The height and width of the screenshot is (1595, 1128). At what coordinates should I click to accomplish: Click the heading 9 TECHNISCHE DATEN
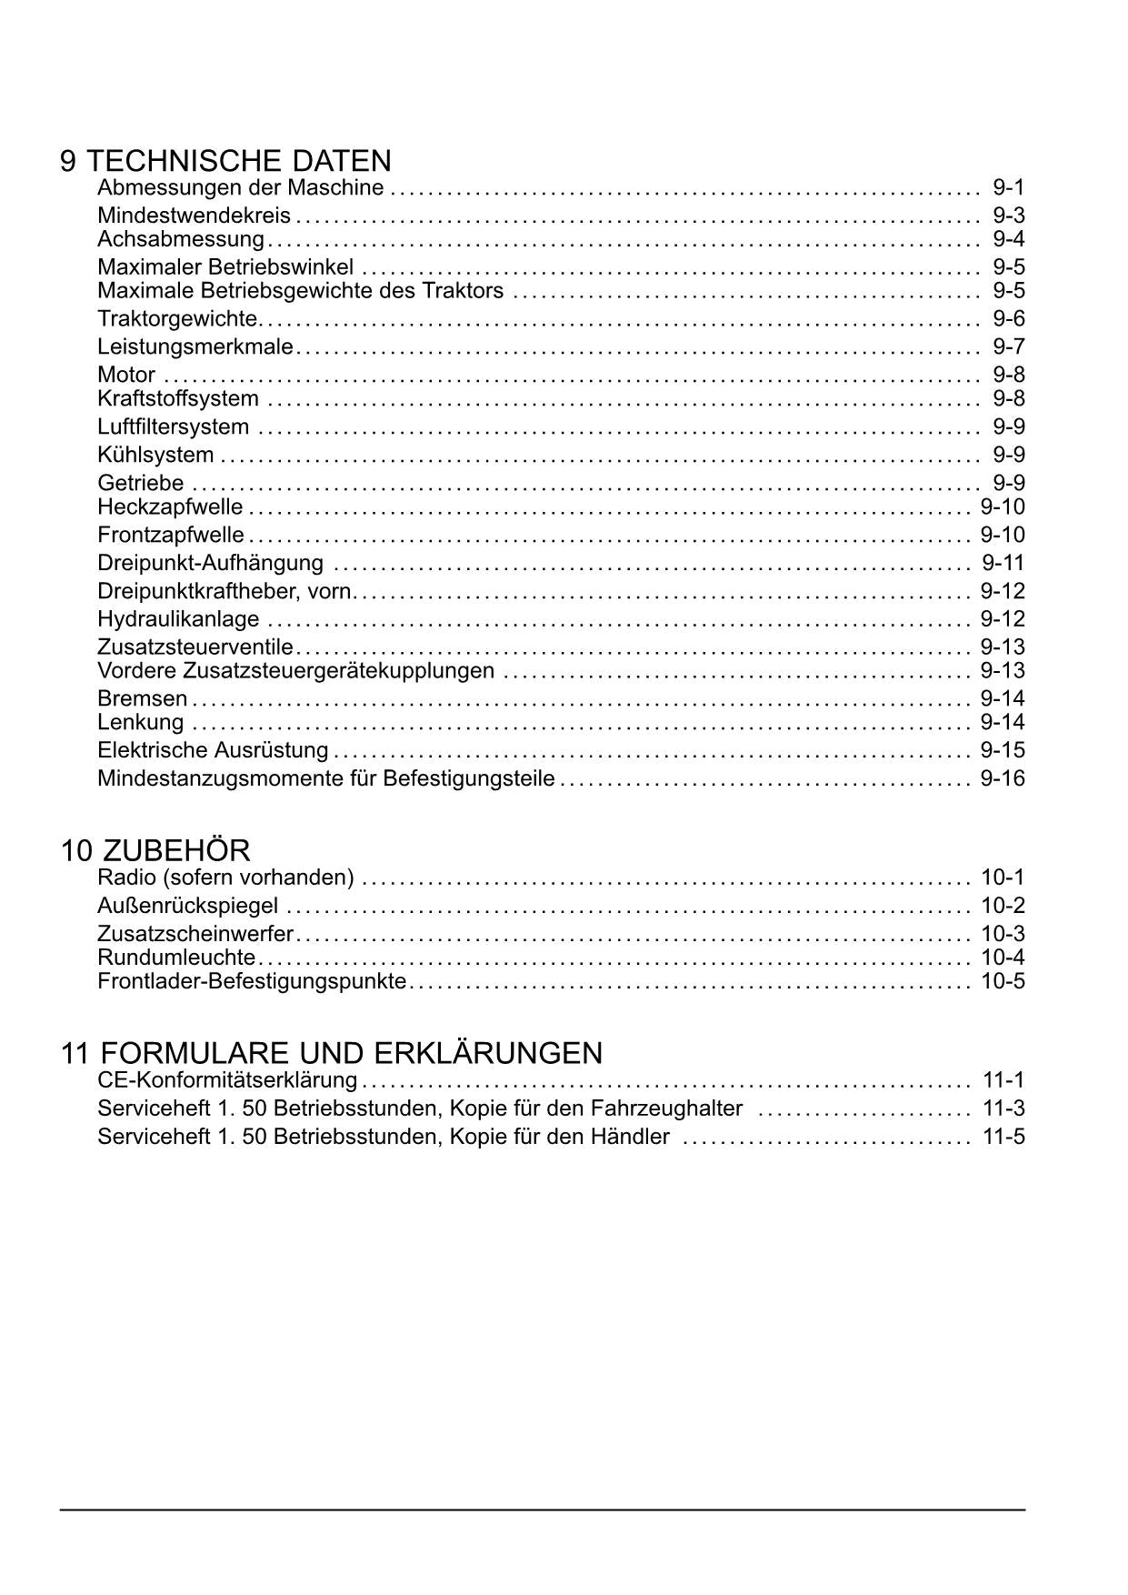225,161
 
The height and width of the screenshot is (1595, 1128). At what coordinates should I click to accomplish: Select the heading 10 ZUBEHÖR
155,851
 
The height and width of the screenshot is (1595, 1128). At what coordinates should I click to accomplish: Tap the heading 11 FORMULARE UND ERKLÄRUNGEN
331,1053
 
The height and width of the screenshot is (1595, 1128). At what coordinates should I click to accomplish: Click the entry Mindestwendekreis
194,216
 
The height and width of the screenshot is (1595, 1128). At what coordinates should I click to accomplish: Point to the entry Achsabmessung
180,239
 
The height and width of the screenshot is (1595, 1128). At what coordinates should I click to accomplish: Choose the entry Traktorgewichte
177,318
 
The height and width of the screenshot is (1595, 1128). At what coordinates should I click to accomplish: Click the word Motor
126,375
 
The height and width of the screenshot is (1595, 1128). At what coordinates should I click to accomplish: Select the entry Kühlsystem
155,455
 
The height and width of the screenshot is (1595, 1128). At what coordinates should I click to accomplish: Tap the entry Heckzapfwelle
170,507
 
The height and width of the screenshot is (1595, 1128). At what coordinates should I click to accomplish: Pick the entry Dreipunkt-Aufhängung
210,563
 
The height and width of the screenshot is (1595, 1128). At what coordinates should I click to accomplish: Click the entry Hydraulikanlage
178,619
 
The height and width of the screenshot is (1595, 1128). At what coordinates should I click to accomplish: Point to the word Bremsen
142,698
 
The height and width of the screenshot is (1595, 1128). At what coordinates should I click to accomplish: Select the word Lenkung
140,722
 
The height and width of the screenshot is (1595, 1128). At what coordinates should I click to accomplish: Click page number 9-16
1002,778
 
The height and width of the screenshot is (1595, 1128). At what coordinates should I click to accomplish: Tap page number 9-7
1008,346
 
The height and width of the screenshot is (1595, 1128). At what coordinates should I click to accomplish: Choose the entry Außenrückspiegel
187,906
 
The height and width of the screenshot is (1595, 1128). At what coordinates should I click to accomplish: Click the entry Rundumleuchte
176,958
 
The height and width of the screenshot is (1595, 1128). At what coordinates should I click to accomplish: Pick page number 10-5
1002,981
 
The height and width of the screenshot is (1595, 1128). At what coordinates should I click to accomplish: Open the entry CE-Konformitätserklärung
227,1080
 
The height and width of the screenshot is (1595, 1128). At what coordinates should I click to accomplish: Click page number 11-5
1003,1137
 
